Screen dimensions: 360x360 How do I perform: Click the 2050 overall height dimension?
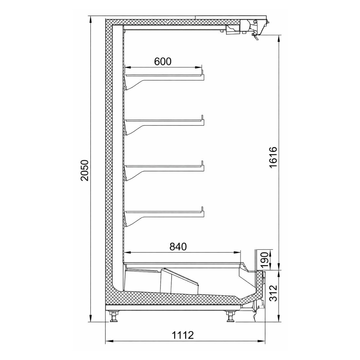pyautogui.click(x=85, y=170)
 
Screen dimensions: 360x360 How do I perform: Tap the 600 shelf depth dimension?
pyautogui.click(x=163, y=61)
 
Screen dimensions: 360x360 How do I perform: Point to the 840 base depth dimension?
pyautogui.click(x=178, y=247)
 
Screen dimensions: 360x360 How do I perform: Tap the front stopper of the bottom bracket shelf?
pyautogui.click(x=202, y=209)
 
